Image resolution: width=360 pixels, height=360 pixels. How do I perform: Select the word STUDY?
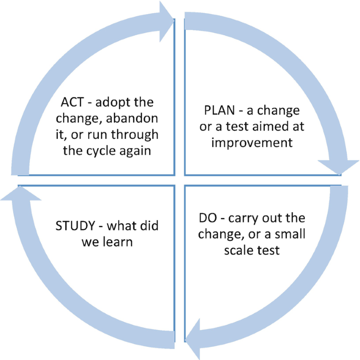[x=76, y=227]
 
